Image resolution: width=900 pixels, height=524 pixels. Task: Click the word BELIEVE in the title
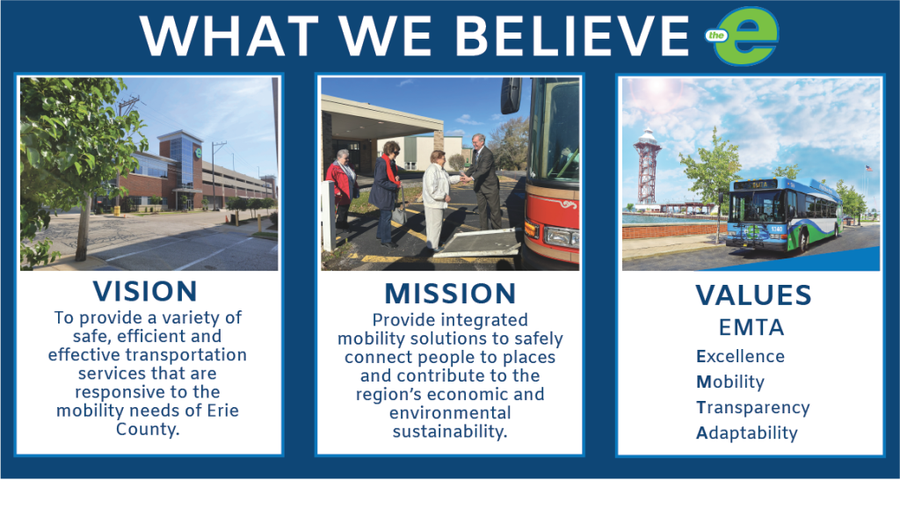coord(572,36)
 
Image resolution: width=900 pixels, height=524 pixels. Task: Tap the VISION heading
coord(145,291)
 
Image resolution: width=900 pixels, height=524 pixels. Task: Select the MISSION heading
coord(450,294)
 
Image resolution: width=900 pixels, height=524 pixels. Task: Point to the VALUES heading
coord(753,295)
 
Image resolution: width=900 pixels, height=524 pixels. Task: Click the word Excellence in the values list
coord(740,356)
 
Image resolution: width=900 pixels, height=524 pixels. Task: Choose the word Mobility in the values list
coord(730,382)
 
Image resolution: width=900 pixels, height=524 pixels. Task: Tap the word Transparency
coord(753,408)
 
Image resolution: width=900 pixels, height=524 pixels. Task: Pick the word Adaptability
coord(747,433)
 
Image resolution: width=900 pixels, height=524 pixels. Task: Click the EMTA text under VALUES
coord(751,328)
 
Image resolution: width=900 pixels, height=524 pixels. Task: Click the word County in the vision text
coord(148,429)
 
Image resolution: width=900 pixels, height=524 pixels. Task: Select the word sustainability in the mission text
coord(450,432)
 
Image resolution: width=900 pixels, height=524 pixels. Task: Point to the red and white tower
coord(647,166)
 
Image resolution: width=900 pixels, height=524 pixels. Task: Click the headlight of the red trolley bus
coord(561,235)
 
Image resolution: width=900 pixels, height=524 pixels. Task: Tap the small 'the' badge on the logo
coord(716,35)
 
